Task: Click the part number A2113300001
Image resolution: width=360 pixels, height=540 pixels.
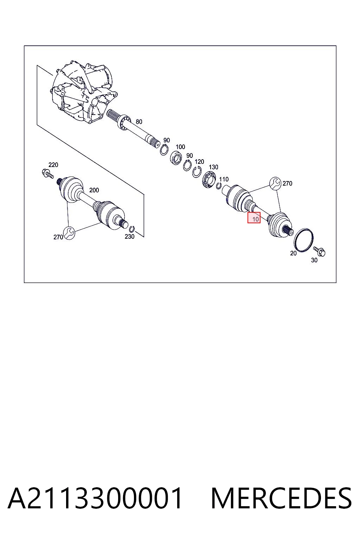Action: (x=95, y=498)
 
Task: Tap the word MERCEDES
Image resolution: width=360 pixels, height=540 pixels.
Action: (x=281, y=498)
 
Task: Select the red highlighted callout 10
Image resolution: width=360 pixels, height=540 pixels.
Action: (x=254, y=218)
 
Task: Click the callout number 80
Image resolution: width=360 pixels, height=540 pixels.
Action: (x=139, y=122)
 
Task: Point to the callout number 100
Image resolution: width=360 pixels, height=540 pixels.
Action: (x=180, y=147)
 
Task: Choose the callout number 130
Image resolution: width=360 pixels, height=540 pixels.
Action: (x=213, y=167)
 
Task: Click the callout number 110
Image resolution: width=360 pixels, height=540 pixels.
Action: (x=224, y=179)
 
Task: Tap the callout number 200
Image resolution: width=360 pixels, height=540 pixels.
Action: (x=94, y=190)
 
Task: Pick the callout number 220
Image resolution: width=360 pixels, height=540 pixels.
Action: (x=53, y=165)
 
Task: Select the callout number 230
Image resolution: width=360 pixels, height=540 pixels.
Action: (x=129, y=237)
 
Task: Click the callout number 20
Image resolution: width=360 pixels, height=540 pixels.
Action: (x=293, y=253)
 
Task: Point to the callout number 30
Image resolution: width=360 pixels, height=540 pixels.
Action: (x=314, y=261)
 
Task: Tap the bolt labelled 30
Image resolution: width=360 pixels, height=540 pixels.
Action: (x=320, y=251)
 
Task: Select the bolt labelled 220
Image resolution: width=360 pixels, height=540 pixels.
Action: (x=47, y=174)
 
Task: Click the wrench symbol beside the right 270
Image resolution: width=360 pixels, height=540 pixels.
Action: (x=275, y=183)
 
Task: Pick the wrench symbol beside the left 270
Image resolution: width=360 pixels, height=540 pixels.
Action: (x=69, y=233)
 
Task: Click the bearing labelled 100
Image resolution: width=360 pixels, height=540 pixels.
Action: (x=176, y=157)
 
